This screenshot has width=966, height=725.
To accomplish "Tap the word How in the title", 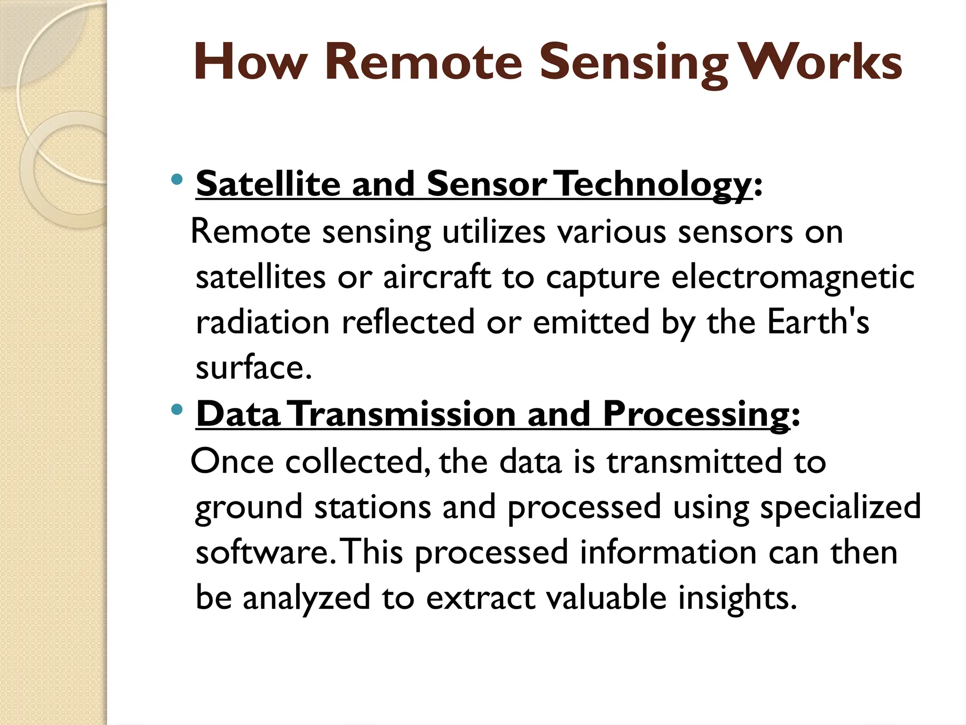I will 250,63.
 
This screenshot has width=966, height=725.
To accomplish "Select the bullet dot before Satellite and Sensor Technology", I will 177,179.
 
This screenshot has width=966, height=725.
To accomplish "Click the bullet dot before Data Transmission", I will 177,409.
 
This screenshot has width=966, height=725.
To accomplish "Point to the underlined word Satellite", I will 268,184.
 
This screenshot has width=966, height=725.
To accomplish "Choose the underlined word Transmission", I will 403,414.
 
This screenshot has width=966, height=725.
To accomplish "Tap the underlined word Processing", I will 696,415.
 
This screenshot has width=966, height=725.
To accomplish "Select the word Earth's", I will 818,322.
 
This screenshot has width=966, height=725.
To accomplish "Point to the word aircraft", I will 437,277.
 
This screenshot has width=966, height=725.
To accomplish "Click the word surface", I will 253,368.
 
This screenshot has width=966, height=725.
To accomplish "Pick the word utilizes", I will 493,233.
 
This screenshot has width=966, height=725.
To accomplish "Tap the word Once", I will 232,462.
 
